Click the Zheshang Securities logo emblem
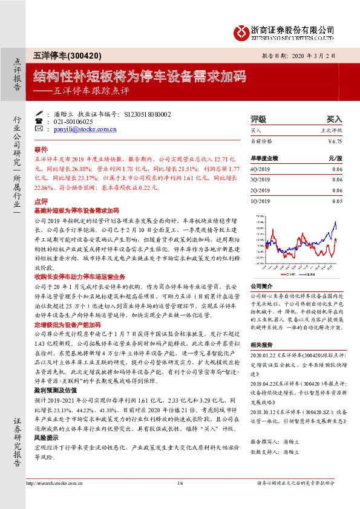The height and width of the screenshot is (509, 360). pyautogui.click(x=241, y=30)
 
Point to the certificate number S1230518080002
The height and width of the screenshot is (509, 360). pyautogui.click(x=148, y=114)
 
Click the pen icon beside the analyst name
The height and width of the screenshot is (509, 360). pyautogui.click(x=39, y=114)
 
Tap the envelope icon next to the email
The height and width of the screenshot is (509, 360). pyautogui.click(x=39, y=129)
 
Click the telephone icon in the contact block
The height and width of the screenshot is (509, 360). pyautogui.click(x=39, y=121)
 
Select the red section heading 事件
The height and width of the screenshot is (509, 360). pyautogui.click(x=41, y=148)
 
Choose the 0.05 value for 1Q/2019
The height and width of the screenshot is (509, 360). pyautogui.click(x=337, y=200)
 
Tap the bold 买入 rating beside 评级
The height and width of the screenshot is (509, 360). pyautogui.click(x=335, y=119)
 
